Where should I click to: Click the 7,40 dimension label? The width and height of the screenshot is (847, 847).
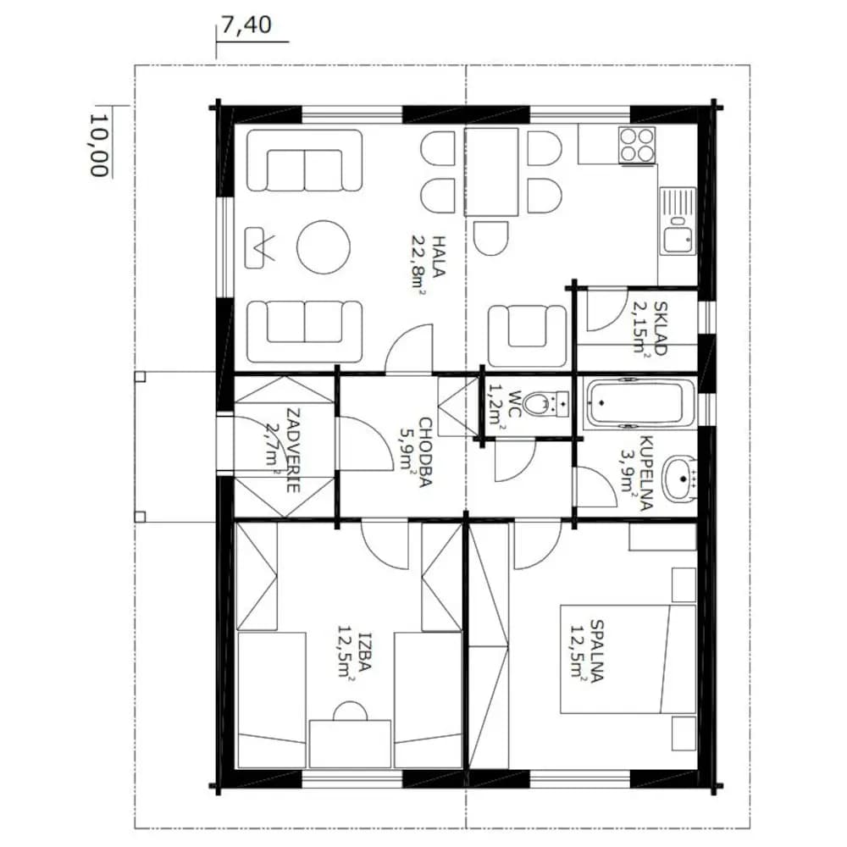(x=246, y=25)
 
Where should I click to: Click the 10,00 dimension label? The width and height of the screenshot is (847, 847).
(x=98, y=145)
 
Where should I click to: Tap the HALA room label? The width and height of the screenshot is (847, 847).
(x=438, y=256)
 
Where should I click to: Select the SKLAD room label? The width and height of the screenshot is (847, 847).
(x=660, y=328)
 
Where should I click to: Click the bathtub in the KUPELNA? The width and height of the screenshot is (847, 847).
(x=635, y=402)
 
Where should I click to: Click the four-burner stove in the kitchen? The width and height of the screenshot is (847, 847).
(x=638, y=145)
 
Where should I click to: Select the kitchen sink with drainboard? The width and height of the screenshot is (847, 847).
(x=678, y=220)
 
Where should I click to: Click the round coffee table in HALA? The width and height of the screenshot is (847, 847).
(x=323, y=246)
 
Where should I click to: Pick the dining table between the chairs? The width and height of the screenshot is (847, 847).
(x=491, y=172)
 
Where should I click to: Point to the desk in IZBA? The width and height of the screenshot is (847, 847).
(x=350, y=744)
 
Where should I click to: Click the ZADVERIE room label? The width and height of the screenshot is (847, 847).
(x=293, y=451)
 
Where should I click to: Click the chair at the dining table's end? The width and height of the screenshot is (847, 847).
(x=490, y=238)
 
